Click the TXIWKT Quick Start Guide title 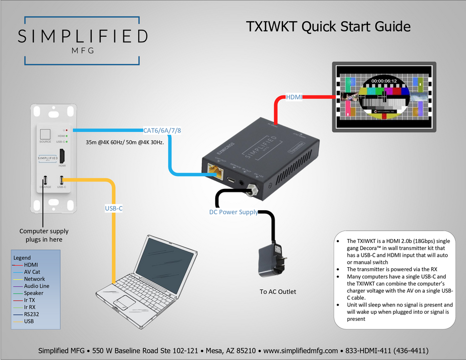[x=329, y=26]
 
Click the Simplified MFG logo [x=82, y=40]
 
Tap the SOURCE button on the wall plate [x=45, y=134]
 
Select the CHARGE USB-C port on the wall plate [x=45, y=180]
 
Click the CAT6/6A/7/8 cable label [x=162, y=131]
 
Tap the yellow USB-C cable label [x=114, y=208]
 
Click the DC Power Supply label [x=233, y=212]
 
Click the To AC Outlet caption [x=278, y=292]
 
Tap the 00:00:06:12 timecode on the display [x=384, y=80]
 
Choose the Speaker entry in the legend [x=34, y=293]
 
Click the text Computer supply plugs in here [x=44, y=235]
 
